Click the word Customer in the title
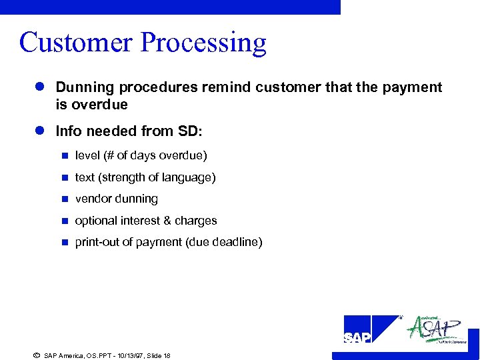76,43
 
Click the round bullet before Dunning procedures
40,87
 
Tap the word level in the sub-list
86,155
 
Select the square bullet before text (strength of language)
64,178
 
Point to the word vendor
93,199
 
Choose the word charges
196,221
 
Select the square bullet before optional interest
64,221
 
